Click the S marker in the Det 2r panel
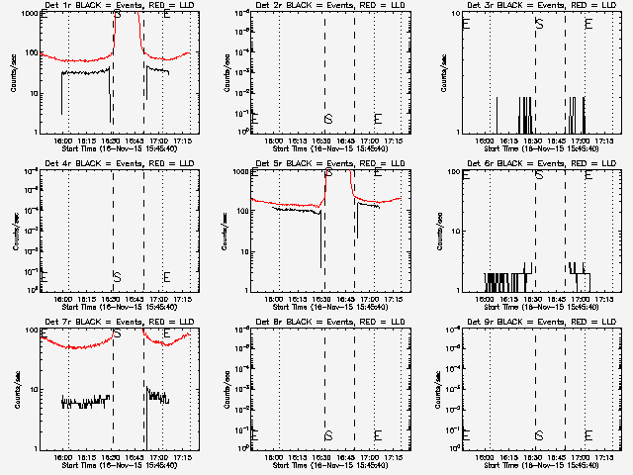(x=328, y=120)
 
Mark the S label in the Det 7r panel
(x=118, y=333)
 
